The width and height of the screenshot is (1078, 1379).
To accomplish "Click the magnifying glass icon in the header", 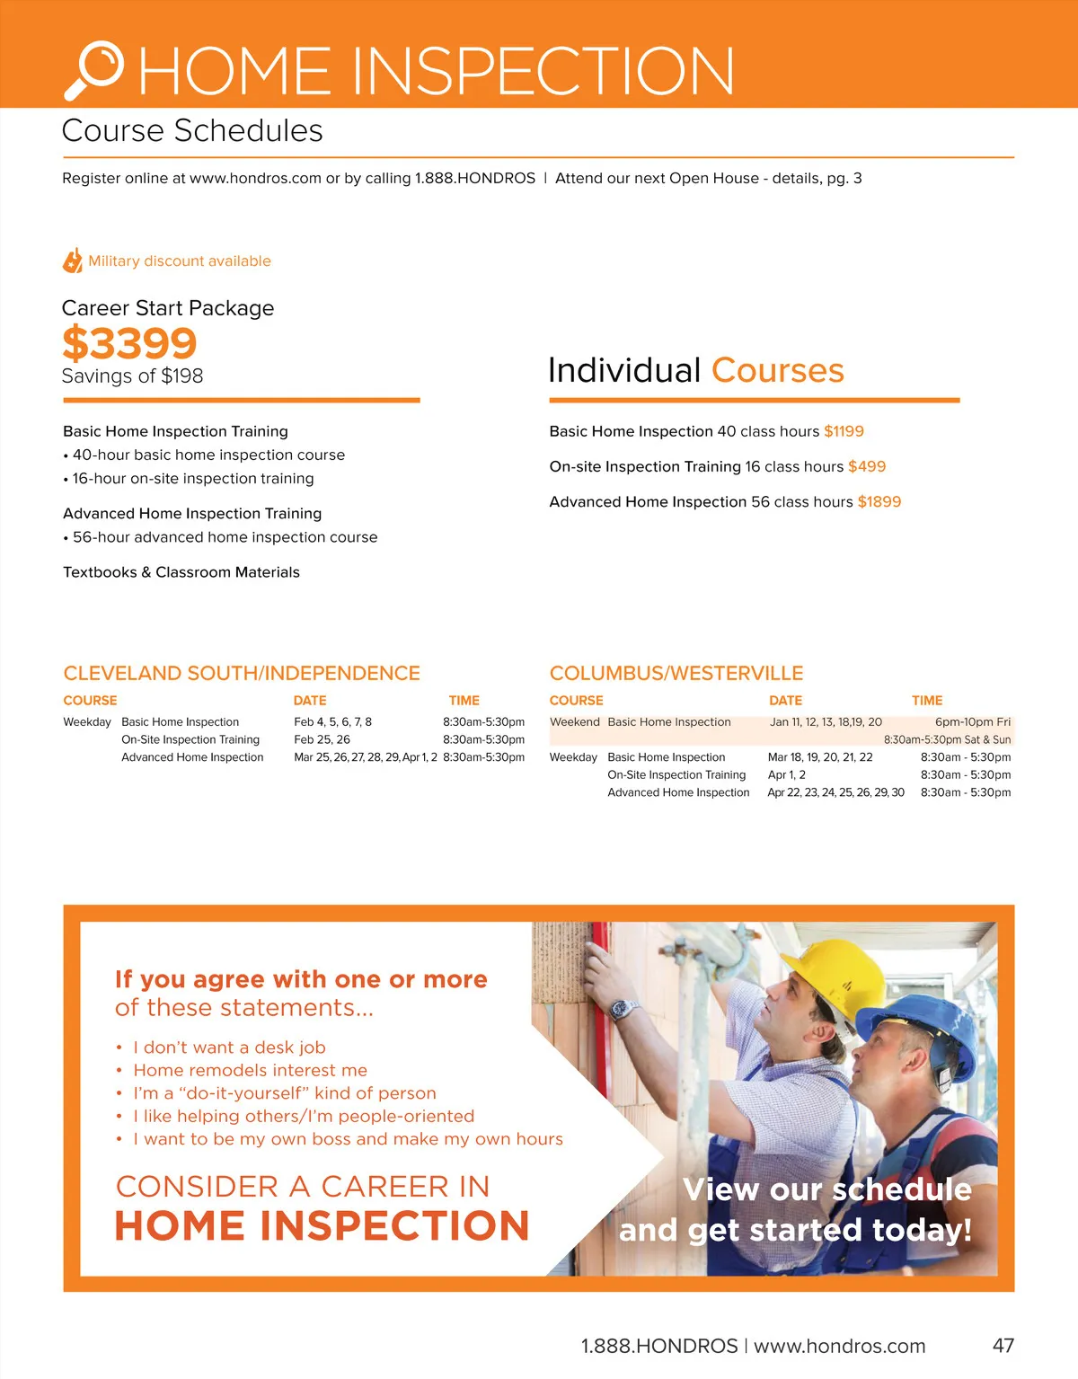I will [94, 68].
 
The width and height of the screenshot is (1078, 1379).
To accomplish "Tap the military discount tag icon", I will [73, 261].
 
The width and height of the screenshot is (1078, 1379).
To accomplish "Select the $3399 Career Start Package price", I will [129, 343].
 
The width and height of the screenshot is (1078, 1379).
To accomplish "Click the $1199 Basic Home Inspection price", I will [844, 431].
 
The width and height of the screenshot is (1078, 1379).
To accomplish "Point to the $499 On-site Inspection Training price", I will [866, 466].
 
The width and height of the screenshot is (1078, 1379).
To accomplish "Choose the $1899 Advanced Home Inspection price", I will [879, 501].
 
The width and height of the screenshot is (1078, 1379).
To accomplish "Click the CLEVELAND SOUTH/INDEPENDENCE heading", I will [242, 673].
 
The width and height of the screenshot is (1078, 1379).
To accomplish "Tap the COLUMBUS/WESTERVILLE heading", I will [676, 673].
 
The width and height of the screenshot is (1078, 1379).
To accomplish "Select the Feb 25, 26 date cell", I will [322, 739].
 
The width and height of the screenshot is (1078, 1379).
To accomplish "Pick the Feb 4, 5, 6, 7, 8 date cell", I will [332, 721].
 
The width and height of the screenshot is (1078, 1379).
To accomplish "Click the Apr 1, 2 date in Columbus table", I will [786, 774].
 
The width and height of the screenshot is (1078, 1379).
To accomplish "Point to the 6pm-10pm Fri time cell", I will [972, 721].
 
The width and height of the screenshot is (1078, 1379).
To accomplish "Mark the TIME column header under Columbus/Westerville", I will [927, 700].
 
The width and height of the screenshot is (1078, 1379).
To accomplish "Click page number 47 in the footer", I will [1003, 1345].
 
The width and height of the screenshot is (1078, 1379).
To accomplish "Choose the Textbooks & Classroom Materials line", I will [181, 572].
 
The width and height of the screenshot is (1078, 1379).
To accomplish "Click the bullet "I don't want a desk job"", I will [229, 1047].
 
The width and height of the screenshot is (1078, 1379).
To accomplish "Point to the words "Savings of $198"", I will [132, 376].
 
